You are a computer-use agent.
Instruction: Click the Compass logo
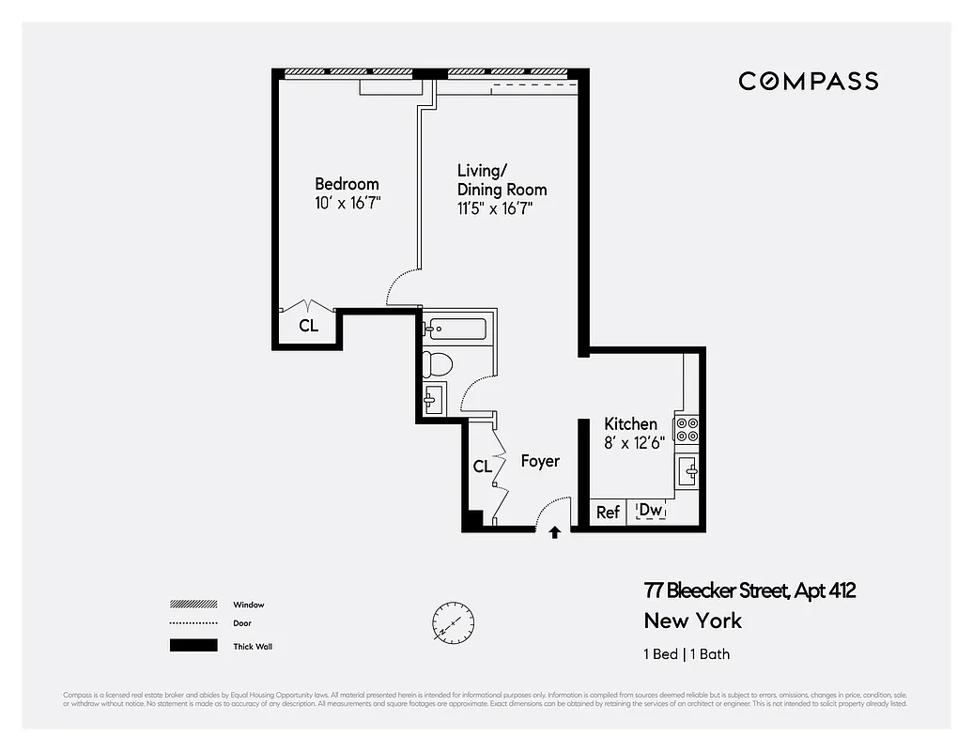tap(808, 81)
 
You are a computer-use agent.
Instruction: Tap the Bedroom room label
tap(347, 184)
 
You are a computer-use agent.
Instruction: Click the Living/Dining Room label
tap(501, 179)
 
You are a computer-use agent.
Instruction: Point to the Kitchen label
tap(630, 424)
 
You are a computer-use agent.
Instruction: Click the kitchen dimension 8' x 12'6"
tap(634, 443)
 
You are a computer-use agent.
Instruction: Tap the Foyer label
tap(540, 461)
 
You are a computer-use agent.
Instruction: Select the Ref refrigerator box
tap(608, 513)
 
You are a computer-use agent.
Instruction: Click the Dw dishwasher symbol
tap(651, 511)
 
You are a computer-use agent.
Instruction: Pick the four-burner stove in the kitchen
tap(687, 429)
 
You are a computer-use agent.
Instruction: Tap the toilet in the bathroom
tap(438, 362)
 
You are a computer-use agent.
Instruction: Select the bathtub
tap(455, 330)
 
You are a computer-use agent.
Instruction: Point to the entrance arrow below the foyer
tap(554, 532)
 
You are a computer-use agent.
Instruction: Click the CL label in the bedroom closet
tap(308, 327)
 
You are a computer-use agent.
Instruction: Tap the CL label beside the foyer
tap(482, 467)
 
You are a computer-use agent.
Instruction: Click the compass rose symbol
tap(453, 621)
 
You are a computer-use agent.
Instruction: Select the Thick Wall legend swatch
tap(193, 646)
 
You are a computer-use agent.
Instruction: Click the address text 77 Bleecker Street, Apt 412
tap(749, 590)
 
